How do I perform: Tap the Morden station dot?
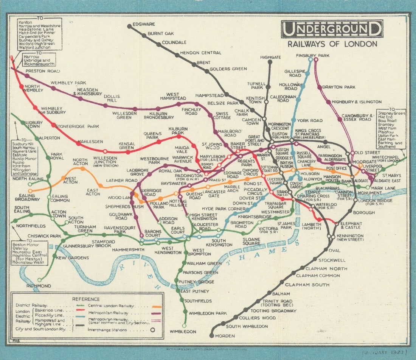(x=211, y=335)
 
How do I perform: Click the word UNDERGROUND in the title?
(x=332, y=29)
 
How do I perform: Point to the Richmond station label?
(x=39, y=286)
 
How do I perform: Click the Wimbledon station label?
(x=183, y=332)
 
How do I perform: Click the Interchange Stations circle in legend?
(x=153, y=330)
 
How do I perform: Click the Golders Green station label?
(x=228, y=69)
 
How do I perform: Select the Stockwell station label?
(x=332, y=260)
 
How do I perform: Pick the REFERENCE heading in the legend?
(x=86, y=299)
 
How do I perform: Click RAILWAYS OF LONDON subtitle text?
(x=332, y=44)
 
